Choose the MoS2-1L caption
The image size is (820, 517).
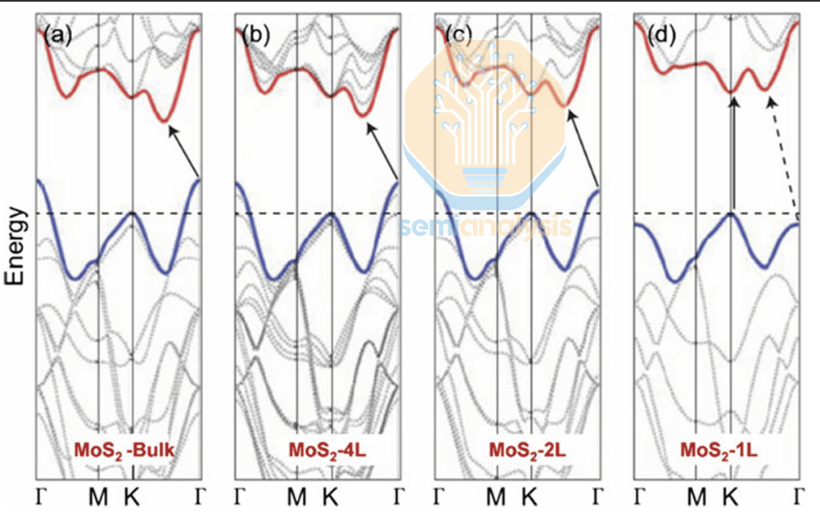pyautogui.click(x=718, y=450)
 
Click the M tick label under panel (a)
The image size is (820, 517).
pyautogui.click(x=98, y=496)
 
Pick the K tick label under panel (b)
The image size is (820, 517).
pyautogui.click(x=331, y=496)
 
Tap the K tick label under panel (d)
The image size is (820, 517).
pyautogui.click(x=731, y=496)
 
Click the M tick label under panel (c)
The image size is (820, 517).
pyautogui.click(x=495, y=496)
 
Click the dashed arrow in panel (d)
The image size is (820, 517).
pyautogui.click(x=783, y=155)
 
